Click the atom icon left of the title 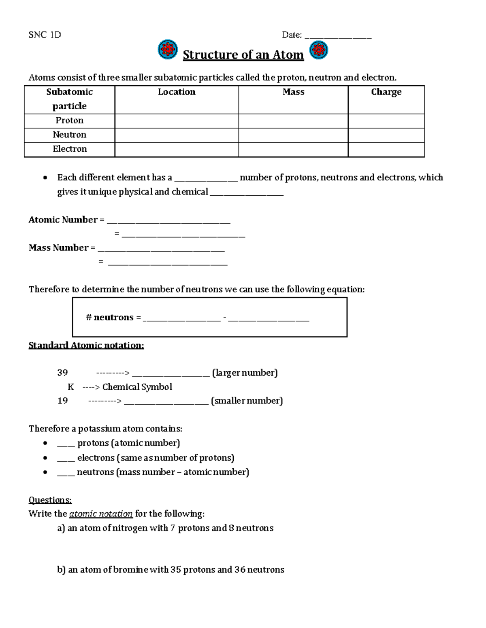coord(167,50)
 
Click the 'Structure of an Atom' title coord(243,55)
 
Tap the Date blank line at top coord(338,36)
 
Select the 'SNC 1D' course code coord(45,35)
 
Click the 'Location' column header coord(177,92)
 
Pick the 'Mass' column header coord(293,92)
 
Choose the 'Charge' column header coord(386,92)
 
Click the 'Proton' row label coord(70,121)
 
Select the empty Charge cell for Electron coord(386,149)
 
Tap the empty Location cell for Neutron coord(177,135)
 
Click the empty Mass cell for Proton coord(293,121)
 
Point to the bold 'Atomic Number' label coord(63,220)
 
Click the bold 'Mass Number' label coord(59,248)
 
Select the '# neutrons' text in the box coord(110,317)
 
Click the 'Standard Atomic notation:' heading coord(86,345)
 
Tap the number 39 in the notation coord(62,373)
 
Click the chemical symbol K coord(71,387)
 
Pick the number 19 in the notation coord(62,401)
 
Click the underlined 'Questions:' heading coord(50,500)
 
